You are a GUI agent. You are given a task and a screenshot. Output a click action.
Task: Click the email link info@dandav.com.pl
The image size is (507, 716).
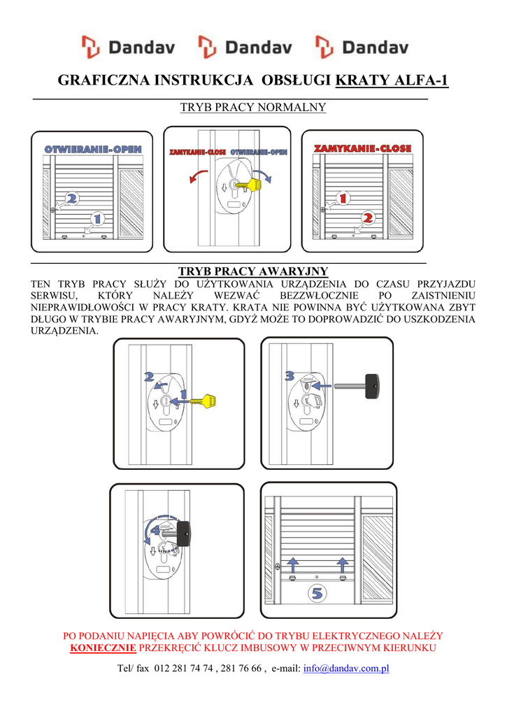[x=346, y=668]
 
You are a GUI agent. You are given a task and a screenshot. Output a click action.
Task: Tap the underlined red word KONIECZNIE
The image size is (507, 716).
[x=103, y=648]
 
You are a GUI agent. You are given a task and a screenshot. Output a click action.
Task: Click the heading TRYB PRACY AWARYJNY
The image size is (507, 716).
[x=253, y=271]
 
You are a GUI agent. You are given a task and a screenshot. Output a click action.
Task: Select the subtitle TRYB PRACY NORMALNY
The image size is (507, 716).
[x=253, y=107]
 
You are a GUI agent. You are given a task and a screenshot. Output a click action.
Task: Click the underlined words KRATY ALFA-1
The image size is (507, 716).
[x=392, y=80]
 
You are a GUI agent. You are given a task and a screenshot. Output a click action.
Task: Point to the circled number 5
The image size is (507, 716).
[x=317, y=593]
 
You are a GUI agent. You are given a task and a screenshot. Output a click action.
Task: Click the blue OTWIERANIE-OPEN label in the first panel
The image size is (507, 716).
[x=93, y=150]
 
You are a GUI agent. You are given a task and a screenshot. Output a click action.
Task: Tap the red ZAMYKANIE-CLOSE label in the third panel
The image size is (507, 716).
[x=363, y=148]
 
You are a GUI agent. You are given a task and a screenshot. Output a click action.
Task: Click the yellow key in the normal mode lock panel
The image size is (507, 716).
[x=247, y=185]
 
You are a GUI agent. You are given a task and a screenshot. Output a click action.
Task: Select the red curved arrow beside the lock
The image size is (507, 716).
[x=198, y=176]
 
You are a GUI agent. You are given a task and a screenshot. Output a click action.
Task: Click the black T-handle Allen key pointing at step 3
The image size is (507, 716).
[x=357, y=386]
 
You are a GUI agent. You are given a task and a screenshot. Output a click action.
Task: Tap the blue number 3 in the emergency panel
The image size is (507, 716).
[x=290, y=376]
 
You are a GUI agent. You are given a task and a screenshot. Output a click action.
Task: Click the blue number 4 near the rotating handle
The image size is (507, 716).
[x=156, y=531]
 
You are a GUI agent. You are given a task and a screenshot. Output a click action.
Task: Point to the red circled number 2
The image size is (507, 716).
[x=368, y=218]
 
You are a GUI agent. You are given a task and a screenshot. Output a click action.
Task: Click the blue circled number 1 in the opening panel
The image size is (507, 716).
[x=97, y=218]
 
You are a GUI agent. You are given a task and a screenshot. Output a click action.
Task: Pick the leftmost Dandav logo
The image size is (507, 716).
[x=129, y=48]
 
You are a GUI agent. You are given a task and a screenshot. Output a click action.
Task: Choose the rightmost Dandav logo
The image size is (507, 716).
[x=362, y=48]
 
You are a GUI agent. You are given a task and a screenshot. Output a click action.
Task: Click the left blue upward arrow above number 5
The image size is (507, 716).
[x=293, y=565]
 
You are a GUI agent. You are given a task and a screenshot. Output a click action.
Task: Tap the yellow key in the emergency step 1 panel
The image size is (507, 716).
[x=202, y=401]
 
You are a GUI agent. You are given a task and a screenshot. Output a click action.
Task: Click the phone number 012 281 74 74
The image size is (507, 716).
[x=184, y=668]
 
